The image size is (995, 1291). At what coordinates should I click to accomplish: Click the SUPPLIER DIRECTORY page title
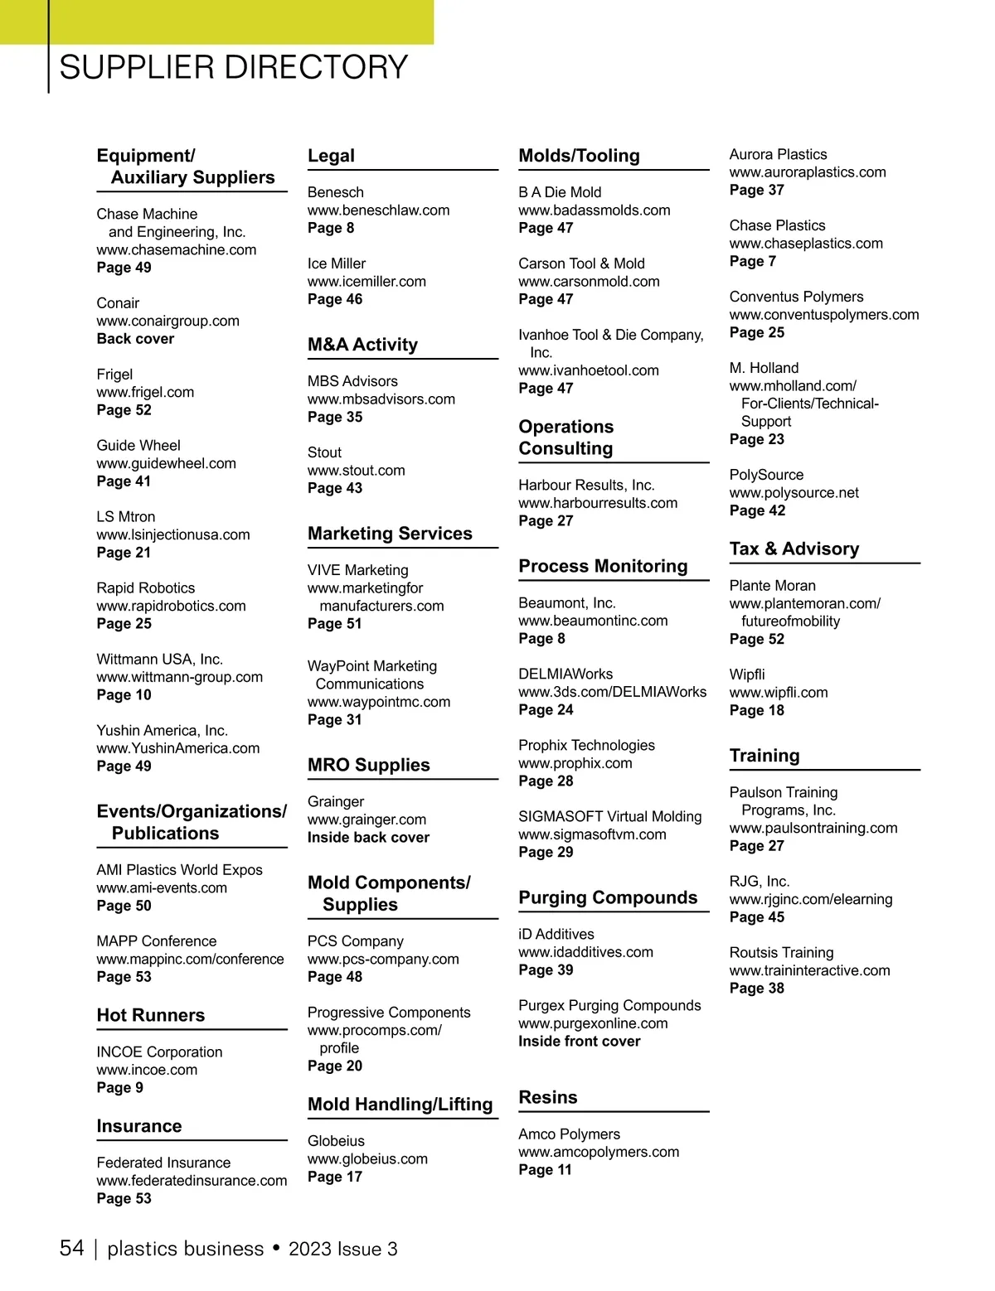coord(233,67)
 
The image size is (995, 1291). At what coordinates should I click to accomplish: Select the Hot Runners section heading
coord(150,1015)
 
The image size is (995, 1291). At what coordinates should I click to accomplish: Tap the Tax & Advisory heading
coord(794,549)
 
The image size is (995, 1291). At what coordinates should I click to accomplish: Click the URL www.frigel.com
coord(145,392)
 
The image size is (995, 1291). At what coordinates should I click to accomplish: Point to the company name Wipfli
coord(746,675)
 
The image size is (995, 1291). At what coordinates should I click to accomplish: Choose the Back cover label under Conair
coord(135,339)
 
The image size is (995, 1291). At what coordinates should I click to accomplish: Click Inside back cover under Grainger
coord(368,838)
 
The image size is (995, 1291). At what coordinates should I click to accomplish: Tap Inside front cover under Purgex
coord(579,1042)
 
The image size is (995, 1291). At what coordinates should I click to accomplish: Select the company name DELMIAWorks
coord(565,675)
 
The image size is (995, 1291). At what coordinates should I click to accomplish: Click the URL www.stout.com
coord(356,471)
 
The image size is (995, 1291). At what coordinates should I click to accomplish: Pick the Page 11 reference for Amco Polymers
coord(545,1170)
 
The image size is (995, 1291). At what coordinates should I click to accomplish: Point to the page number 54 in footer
coord(71,1249)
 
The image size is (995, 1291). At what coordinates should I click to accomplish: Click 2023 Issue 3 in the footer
coord(342,1250)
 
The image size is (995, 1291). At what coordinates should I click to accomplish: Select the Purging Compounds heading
coord(608,897)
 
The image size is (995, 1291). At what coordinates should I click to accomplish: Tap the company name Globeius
coord(336,1141)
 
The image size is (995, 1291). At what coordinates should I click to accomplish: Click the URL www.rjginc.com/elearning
coord(810,899)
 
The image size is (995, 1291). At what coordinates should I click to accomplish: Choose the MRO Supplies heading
coord(368,765)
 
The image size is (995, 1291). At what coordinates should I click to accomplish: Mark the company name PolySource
coord(766,475)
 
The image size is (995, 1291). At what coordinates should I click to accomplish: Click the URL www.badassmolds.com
coord(594,210)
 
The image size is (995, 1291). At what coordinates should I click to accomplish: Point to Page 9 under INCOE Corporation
coord(119,1088)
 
